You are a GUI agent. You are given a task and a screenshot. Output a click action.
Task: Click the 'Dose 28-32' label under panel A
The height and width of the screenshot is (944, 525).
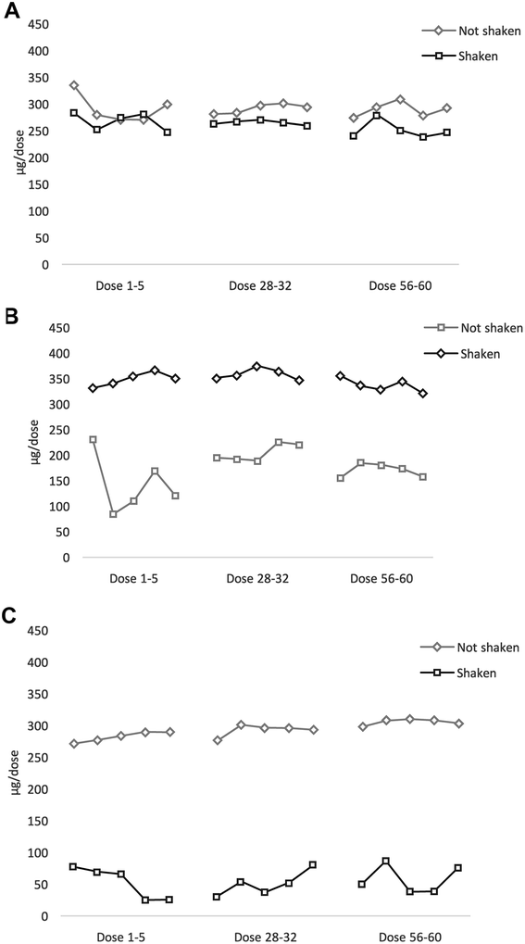pyautogui.click(x=258, y=285)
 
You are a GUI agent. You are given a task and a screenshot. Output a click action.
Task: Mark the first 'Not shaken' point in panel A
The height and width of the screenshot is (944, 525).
pyautogui.click(x=74, y=85)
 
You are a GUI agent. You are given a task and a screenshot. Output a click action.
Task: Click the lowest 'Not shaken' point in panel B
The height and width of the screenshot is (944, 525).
pyautogui.click(x=113, y=514)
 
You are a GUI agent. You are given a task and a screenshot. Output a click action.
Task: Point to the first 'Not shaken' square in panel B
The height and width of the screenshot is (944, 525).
pyautogui.click(x=93, y=440)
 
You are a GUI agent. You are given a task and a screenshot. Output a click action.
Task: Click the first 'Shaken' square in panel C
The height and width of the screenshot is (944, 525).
pyautogui.click(x=73, y=867)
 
